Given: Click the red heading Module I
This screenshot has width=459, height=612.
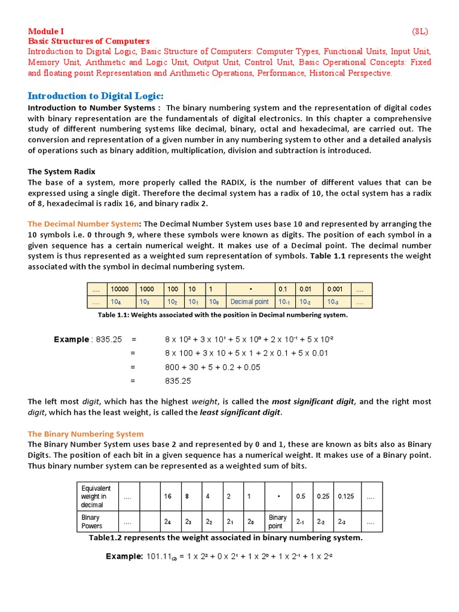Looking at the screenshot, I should coord(47,32).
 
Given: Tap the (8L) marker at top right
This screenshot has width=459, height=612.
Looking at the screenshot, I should coord(420,32).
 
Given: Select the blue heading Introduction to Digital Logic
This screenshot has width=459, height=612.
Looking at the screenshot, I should coord(96,96).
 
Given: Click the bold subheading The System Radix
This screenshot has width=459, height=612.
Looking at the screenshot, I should coord(62,172).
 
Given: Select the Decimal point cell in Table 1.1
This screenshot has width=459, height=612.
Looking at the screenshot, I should coord(250,302).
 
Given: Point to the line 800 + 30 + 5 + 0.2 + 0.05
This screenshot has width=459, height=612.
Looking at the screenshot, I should coord(212,367).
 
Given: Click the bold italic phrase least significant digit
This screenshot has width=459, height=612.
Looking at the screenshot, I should coord(240,412).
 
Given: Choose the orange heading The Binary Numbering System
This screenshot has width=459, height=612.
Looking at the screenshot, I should coord(86,434).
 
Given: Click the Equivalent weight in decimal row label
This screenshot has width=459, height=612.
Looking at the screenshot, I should coord(96,496).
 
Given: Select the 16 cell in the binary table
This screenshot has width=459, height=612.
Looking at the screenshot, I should coord(168,497).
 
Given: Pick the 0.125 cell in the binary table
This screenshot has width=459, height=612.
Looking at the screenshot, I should coord(346,497).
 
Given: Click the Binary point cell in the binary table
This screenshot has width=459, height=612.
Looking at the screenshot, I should coord(277,522).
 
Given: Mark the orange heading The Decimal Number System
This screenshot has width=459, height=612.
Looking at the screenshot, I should coord(83,224).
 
